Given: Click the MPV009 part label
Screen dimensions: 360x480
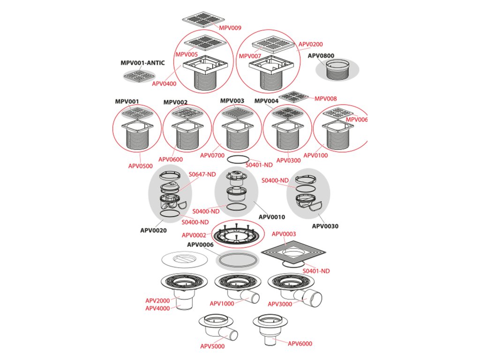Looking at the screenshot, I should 231,28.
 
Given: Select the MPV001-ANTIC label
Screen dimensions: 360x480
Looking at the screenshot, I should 142,63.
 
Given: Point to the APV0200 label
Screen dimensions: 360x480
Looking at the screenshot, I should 311,44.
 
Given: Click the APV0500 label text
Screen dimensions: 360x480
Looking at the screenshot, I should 140,166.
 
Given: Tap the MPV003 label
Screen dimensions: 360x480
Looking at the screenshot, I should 232,101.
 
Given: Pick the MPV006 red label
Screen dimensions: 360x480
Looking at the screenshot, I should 357,120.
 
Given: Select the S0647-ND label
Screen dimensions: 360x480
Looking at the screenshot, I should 202,174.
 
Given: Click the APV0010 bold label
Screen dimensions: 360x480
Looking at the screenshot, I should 271,217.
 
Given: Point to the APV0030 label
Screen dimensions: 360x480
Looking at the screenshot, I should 325,226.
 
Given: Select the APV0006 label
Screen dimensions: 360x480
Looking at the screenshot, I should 200,244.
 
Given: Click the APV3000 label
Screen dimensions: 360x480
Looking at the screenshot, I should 280,304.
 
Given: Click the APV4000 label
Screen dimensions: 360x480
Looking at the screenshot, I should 157,308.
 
